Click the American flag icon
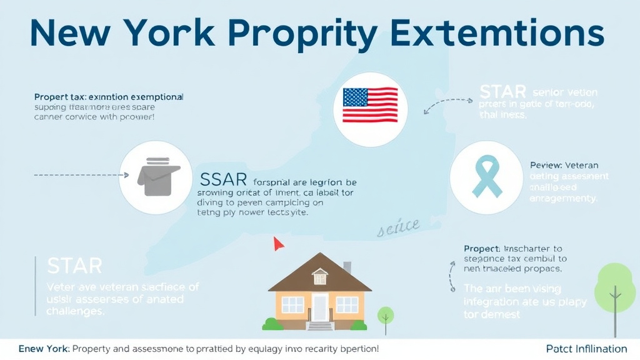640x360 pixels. point(371,104)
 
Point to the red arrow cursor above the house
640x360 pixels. point(277,243)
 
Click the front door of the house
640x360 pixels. point(320,307)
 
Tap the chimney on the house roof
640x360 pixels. point(347,268)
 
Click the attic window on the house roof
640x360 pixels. point(320,276)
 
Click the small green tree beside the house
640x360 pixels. point(386,314)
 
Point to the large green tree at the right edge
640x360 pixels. point(615,287)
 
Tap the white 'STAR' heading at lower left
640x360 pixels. point(74,266)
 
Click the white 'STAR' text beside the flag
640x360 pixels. point(503,92)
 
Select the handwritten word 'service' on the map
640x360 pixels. point(398,229)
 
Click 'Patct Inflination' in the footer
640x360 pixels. point(586,349)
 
